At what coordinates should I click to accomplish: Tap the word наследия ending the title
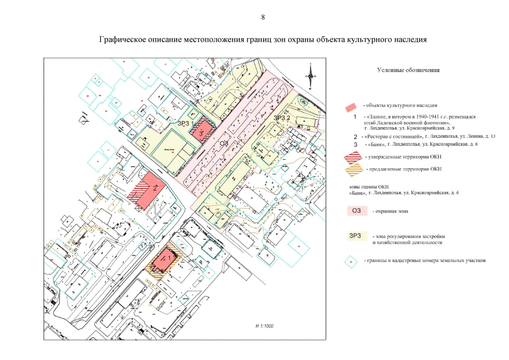point(409,40)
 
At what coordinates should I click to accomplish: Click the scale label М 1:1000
point(263,326)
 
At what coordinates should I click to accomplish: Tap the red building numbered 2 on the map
point(152,188)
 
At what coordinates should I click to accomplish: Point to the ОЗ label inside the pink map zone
point(224,145)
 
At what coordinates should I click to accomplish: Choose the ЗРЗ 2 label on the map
point(281,118)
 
